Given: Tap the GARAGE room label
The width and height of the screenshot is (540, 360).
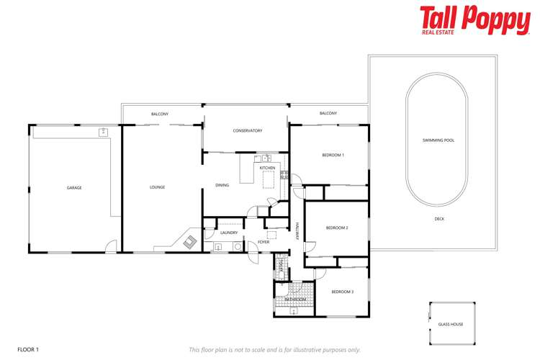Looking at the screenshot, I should click(74, 188).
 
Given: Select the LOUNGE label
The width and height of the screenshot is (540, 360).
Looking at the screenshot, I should click(157, 188).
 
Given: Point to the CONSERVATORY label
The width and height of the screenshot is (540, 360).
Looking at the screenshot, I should click(247, 131).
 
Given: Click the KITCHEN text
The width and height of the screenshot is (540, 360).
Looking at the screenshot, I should click(267, 168).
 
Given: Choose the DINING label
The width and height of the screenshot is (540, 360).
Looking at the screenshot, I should click(222, 186).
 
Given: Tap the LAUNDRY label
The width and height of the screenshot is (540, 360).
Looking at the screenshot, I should click(229, 233).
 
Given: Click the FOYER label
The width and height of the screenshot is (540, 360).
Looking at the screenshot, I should click(264, 243).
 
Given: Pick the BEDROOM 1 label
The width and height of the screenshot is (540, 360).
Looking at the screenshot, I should click(333, 155).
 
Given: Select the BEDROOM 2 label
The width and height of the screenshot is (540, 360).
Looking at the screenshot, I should click(337, 228).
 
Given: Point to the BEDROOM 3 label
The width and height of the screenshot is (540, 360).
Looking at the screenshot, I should click(342, 292).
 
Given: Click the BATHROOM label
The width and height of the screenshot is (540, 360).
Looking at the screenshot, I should click(295, 300).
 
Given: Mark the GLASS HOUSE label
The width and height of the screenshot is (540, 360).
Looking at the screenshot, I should click(451, 325).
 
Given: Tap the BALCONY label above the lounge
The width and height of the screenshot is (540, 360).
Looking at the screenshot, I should click(160, 114).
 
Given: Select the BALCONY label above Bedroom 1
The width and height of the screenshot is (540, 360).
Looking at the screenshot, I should click(328, 113).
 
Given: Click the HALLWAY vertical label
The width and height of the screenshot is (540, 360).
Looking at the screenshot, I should click(297, 230).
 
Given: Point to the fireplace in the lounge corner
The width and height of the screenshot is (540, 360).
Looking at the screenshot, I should click(190, 242).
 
